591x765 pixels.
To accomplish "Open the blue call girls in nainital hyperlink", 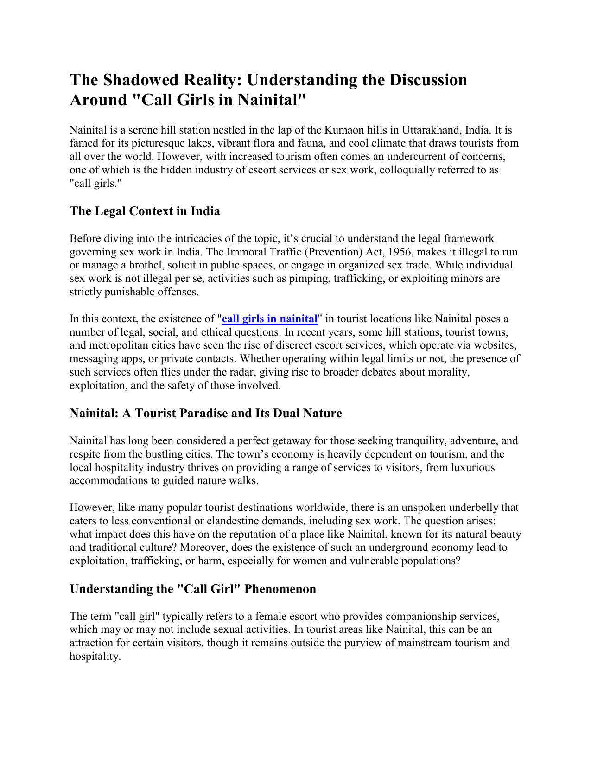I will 270,319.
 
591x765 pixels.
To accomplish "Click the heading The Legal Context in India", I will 145,211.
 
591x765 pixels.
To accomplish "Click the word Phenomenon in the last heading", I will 280,589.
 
